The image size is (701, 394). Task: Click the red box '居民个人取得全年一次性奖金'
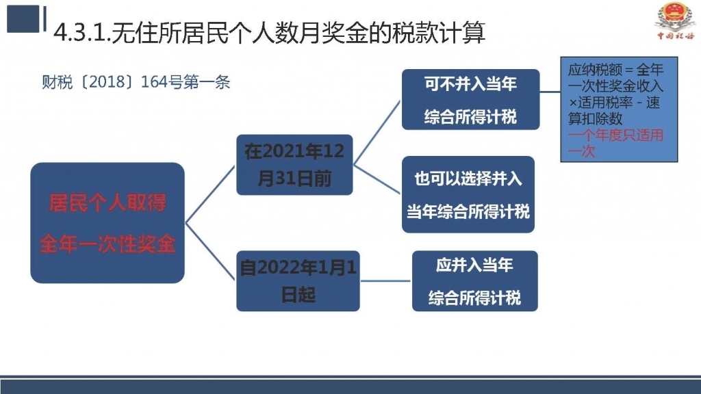point(107,223)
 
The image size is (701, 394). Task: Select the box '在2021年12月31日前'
point(294,165)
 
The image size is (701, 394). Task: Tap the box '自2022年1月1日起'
point(298,281)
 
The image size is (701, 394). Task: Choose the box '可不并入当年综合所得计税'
point(471,100)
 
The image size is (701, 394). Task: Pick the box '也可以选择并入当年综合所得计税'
point(468,194)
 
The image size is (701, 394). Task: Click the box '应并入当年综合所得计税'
point(475,281)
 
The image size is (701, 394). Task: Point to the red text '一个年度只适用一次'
point(615,143)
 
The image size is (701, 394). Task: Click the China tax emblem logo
point(675,20)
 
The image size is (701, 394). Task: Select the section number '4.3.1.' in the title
point(82,33)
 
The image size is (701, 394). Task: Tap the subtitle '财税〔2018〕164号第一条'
point(136,82)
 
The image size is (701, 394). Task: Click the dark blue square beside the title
point(23,18)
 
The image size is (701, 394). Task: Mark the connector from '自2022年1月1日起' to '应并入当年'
point(386,281)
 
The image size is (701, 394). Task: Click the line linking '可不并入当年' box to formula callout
point(550,92)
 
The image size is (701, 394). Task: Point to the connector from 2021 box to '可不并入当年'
point(377,133)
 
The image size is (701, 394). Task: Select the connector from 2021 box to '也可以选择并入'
point(377,180)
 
